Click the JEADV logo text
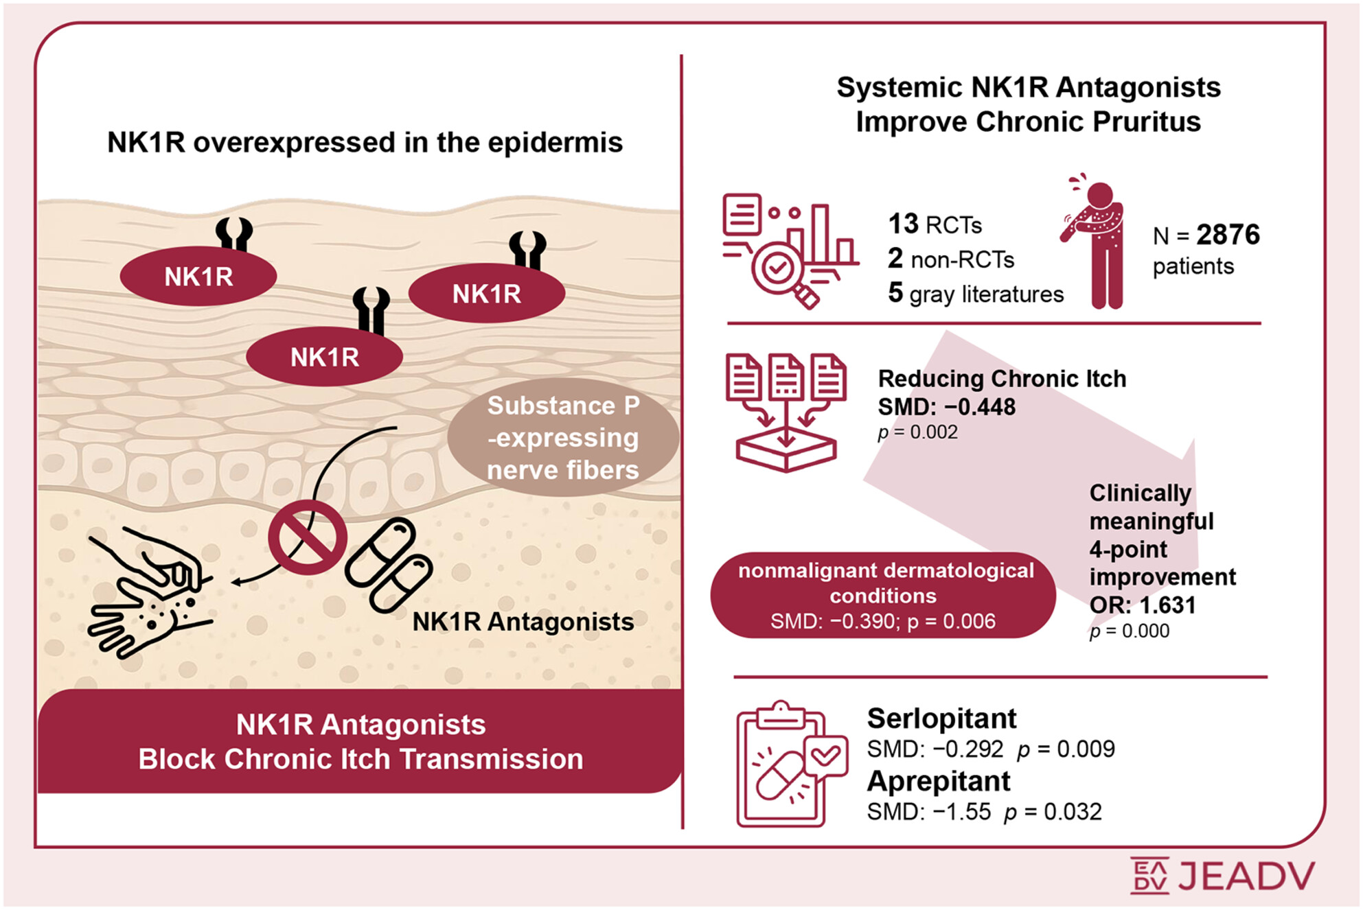click(1246, 876)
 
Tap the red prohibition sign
click(307, 537)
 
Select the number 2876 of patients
click(1228, 235)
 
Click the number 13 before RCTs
click(903, 224)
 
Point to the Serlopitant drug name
click(941, 719)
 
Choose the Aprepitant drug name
click(938, 781)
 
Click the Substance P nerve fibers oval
click(563, 437)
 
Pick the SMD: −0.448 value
click(946, 407)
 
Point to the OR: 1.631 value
click(1143, 605)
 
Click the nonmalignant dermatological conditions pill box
click(884, 595)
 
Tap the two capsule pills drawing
click(389, 564)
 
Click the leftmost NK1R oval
click(198, 277)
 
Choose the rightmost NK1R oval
click(486, 294)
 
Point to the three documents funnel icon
click(786, 412)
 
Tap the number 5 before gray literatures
click(895, 292)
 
